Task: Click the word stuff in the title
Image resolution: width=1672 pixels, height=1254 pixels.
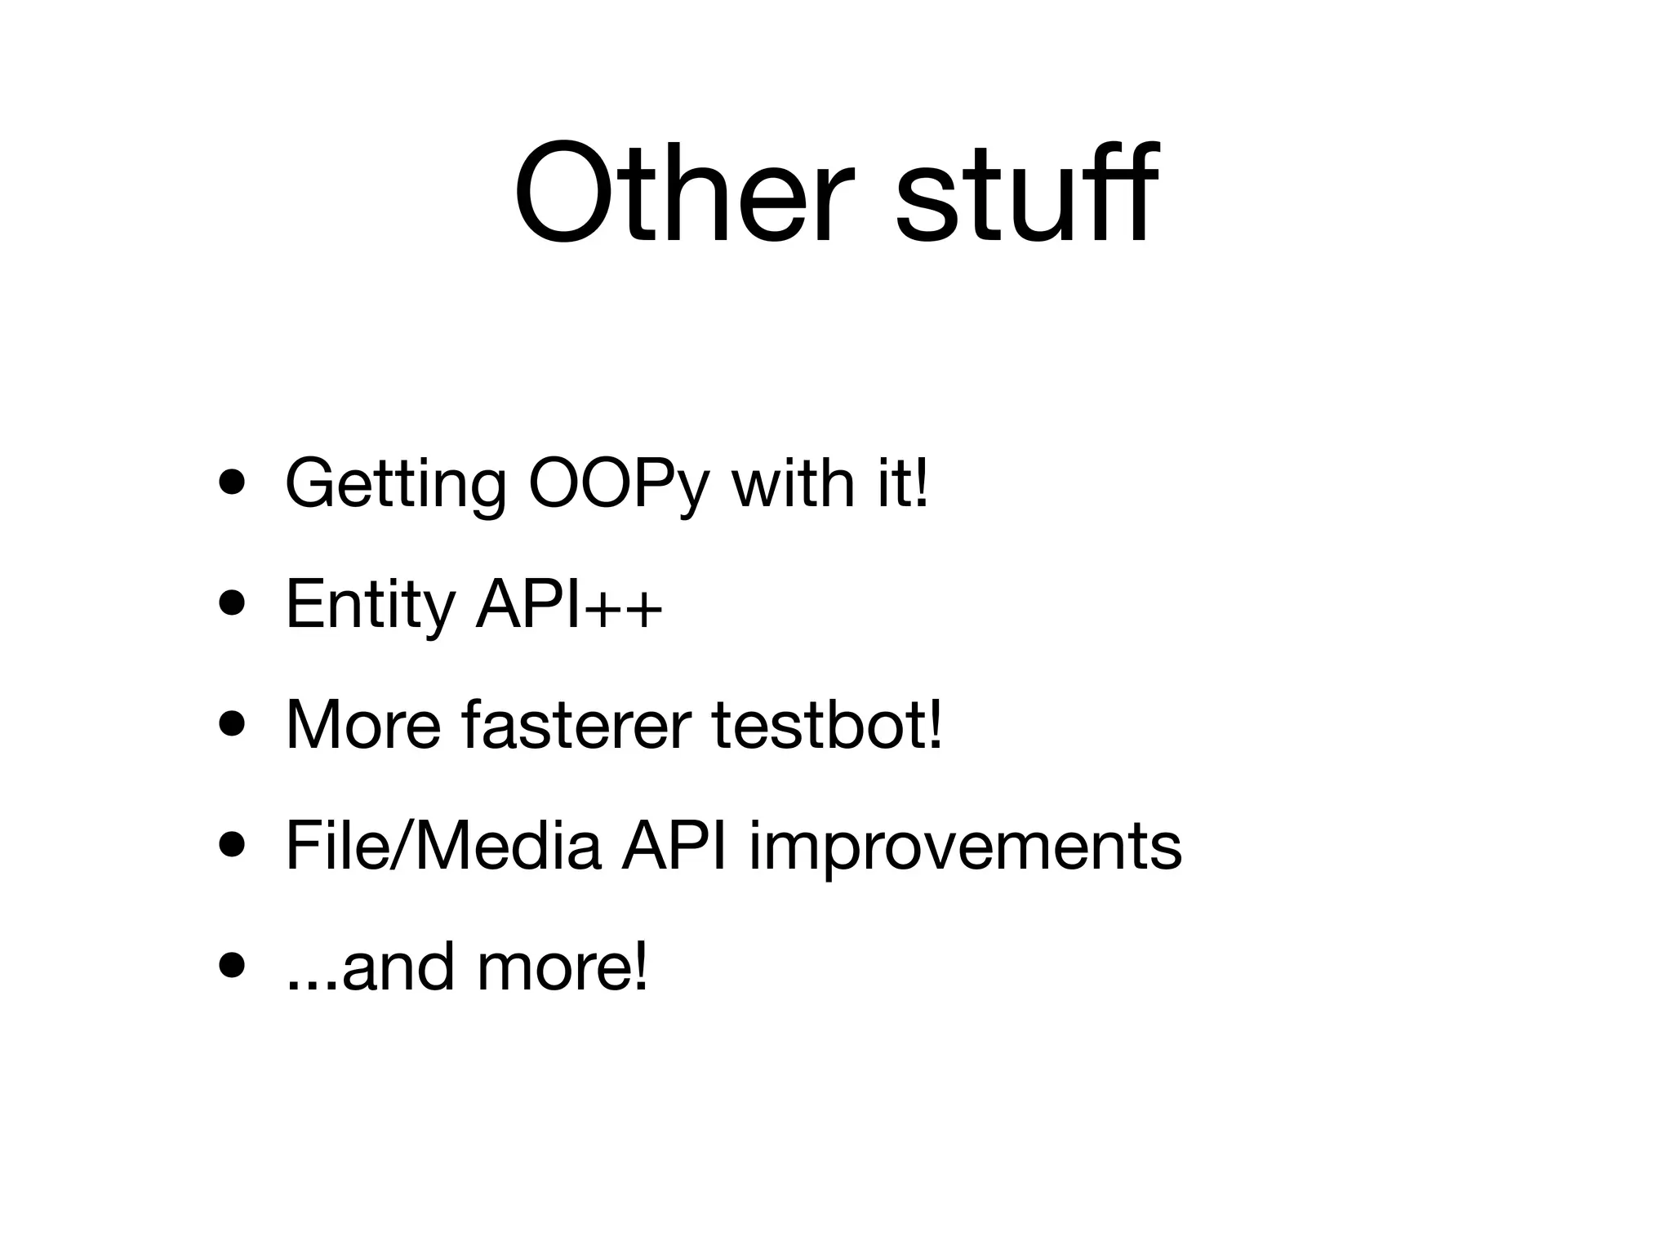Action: coord(1025,193)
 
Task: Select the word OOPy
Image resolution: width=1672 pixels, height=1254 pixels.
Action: coord(620,486)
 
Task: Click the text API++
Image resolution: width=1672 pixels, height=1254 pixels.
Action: coord(568,604)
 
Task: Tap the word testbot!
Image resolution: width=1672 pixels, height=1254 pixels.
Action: coord(827,725)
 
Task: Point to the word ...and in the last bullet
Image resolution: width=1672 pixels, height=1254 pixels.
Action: coord(370,967)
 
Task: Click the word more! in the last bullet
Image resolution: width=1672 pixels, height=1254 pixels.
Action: coord(563,967)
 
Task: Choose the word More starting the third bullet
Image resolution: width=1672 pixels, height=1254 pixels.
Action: coord(363,725)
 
